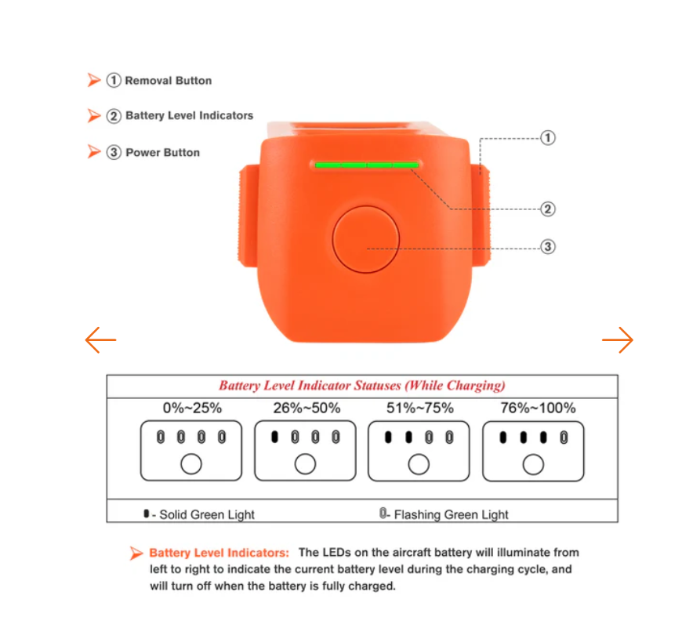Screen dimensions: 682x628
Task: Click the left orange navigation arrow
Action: [x=100, y=340]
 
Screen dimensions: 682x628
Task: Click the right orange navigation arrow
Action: [x=618, y=340]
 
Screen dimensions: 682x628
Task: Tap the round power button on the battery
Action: [x=366, y=240]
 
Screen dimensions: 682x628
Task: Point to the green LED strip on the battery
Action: [x=367, y=165]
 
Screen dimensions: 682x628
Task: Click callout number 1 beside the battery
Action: [x=548, y=138]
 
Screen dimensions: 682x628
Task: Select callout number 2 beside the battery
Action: [x=548, y=209]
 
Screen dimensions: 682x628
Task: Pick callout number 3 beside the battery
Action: [x=548, y=247]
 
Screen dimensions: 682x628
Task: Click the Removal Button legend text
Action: [x=169, y=81]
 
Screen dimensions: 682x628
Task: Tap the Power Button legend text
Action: [x=163, y=153]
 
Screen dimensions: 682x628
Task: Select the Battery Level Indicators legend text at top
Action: [x=189, y=116]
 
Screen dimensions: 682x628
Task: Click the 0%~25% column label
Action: [x=192, y=408]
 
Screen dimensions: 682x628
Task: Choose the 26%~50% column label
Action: [x=307, y=408]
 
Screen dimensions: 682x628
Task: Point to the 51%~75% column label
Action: [x=420, y=408]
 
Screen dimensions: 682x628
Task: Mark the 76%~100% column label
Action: [x=538, y=408]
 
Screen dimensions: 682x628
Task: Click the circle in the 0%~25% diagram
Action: [x=191, y=464]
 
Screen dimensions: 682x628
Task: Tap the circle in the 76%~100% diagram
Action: [x=533, y=464]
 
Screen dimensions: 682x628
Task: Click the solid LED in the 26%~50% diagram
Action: [x=274, y=437]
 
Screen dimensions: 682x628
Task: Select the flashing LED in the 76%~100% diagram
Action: [x=564, y=437]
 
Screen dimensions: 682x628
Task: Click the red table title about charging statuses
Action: [x=362, y=386]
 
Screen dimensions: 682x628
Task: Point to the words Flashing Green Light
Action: [x=451, y=514]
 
